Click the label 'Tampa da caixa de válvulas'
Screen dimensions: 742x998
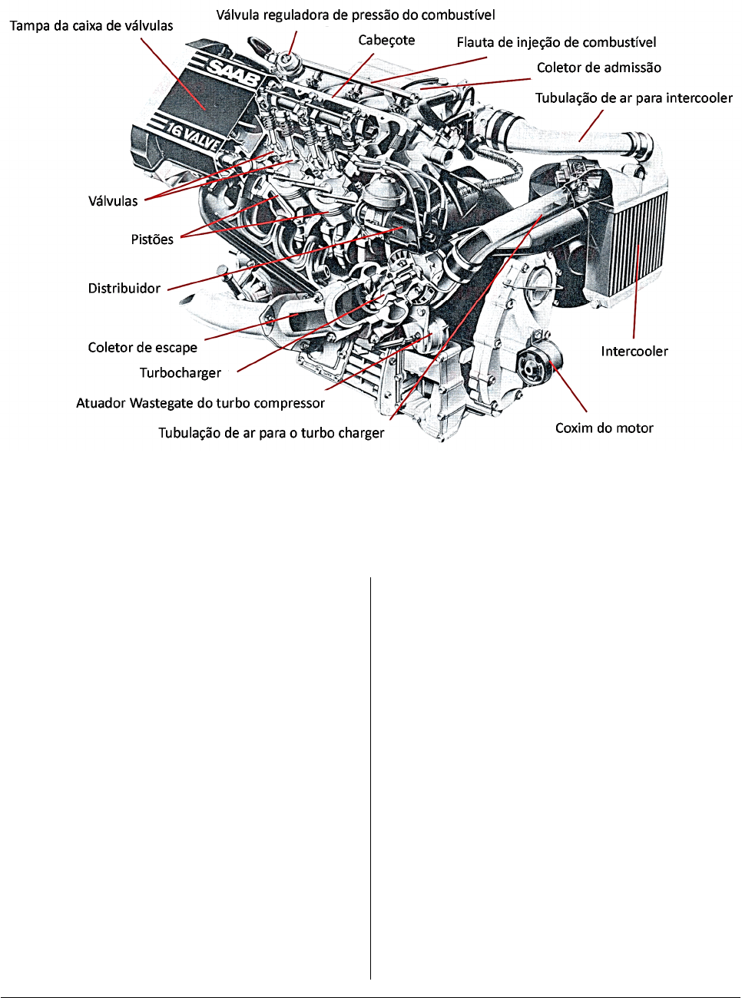(91, 25)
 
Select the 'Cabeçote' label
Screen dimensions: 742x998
(386, 41)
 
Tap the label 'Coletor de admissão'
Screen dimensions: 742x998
(599, 68)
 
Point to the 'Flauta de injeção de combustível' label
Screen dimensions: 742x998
(556, 43)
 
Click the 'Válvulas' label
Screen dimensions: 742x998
(113, 200)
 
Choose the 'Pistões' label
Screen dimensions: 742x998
(152, 240)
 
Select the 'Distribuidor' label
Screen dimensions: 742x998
(124, 288)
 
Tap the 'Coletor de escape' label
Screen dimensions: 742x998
(143, 347)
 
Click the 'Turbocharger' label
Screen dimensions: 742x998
(180, 373)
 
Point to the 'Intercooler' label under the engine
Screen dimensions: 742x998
(634, 352)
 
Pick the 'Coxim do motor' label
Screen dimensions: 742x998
(605, 428)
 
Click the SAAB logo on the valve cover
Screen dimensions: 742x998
(235, 74)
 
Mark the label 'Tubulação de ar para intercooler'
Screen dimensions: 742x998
(634, 98)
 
